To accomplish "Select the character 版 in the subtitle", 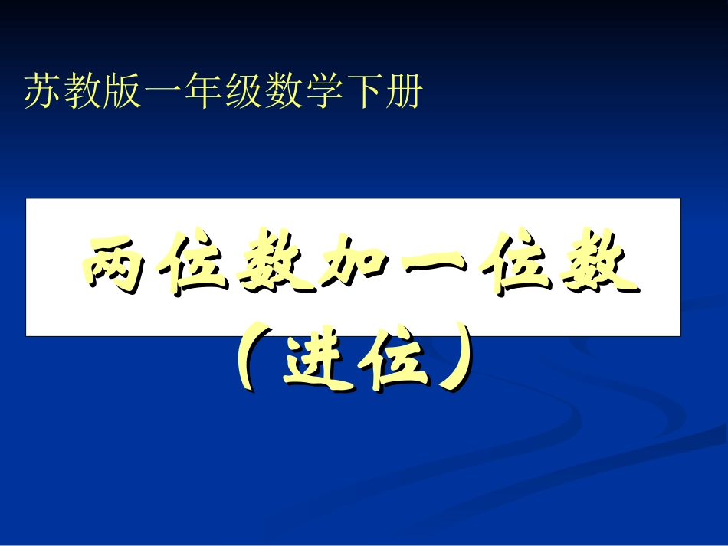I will coord(123,93).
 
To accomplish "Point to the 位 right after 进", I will coord(391,360).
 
